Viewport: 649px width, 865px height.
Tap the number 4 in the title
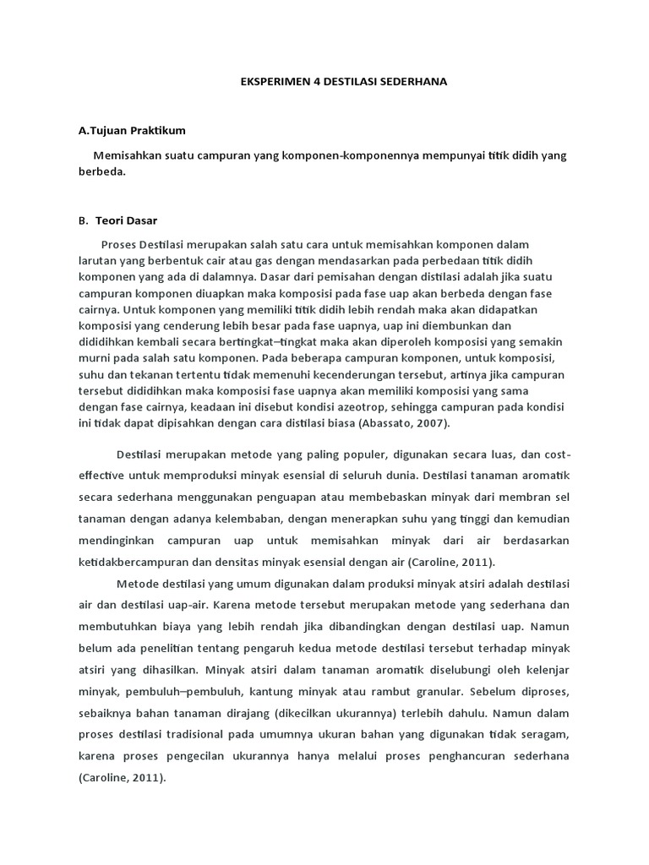pyautogui.click(x=307, y=82)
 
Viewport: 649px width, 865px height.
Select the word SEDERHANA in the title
pyautogui.click(x=414, y=82)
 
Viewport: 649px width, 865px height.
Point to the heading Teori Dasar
pyautogui.click(x=120, y=220)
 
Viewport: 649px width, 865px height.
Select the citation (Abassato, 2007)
pyautogui.click(x=404, y=423)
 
